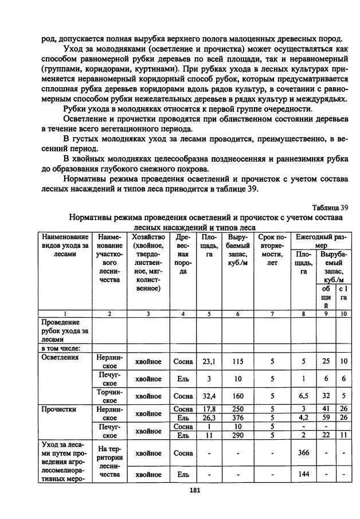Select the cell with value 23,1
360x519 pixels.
point(208,362)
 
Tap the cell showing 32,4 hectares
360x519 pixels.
point(208,395)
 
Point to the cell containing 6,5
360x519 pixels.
point(303,395)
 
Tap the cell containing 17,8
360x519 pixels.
point(208,409)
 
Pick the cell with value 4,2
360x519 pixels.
point(303,417)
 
